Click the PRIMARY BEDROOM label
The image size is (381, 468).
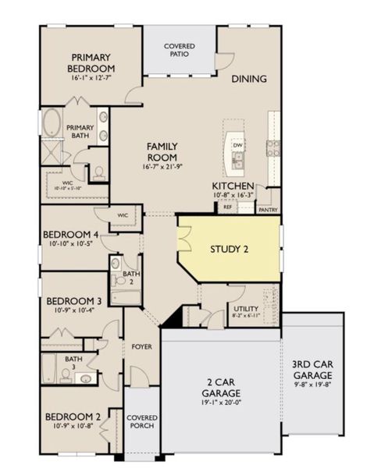point(93,62)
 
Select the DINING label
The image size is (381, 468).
point(248,79)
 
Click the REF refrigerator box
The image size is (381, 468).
point(228,207)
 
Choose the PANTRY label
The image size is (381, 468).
point(268,209)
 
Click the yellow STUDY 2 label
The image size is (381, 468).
point(230,250)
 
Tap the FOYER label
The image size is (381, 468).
point(141,346)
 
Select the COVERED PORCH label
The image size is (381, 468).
point(141,421)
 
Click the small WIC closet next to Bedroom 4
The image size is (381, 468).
point(123,215)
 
